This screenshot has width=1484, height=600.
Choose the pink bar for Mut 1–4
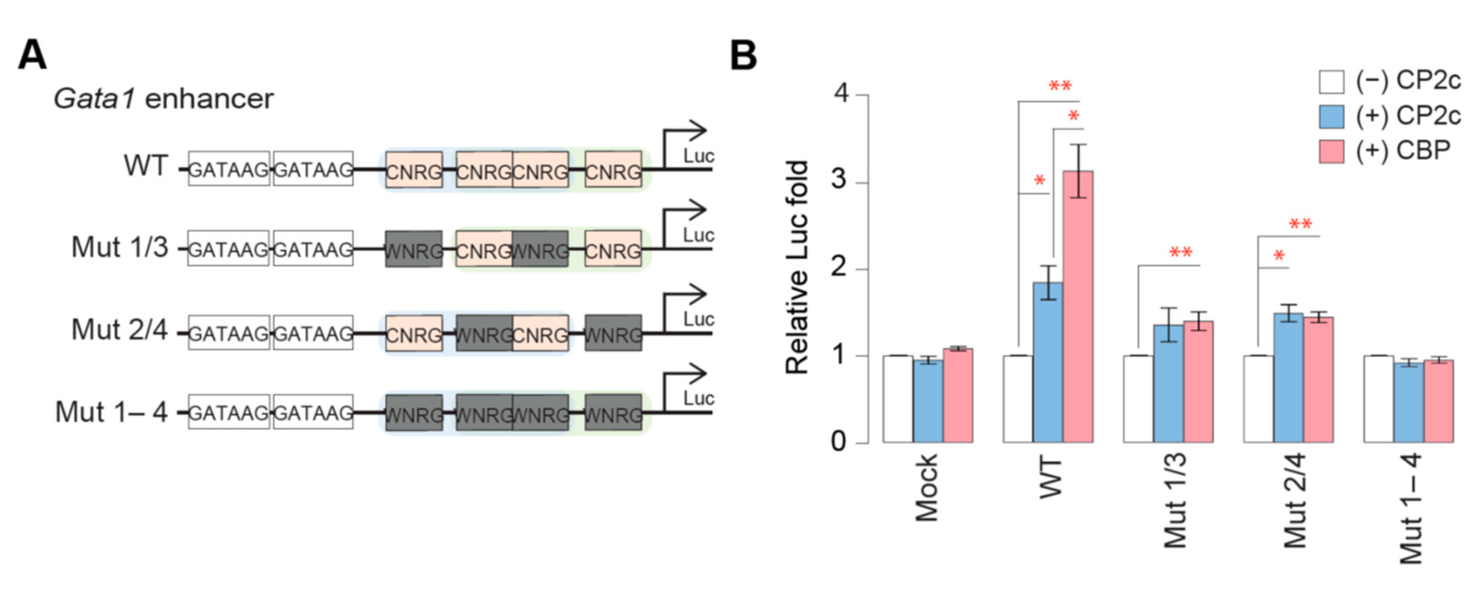[1438, 401]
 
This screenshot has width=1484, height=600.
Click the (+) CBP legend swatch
[1331, 151]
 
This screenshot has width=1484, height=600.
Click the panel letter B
[743, 56]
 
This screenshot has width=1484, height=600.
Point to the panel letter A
[32, 56]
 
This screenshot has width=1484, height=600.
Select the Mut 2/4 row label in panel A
[119, 330]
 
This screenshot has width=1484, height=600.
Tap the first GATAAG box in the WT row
[229, 169]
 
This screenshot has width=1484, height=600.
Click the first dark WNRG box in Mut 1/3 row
[414, 250]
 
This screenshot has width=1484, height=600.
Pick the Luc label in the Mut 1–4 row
[698, 398]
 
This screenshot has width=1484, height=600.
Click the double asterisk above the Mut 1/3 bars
[1180, 252]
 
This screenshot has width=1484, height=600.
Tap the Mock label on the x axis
[926, 488]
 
